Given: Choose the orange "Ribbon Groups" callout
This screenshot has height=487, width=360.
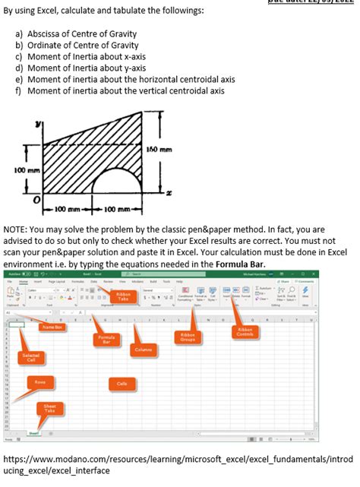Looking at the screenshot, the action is pos(187,337).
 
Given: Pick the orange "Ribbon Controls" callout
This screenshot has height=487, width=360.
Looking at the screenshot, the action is pos(245,332).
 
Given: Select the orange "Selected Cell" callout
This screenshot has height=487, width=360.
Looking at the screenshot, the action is pos(31,357).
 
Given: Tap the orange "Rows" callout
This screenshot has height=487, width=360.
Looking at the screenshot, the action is pos(39,381).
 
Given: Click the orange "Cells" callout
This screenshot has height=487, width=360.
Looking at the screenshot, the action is pos(122,384).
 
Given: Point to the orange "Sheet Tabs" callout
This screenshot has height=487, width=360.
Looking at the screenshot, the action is pos(49,409).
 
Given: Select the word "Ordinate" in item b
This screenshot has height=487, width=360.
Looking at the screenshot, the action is pos(46,46).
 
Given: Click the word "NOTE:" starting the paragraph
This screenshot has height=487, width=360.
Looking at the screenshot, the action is pos(15,229).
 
